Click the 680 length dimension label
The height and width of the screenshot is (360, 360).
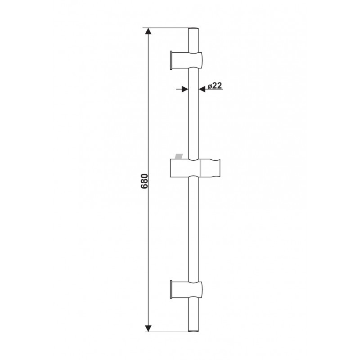coord(144,181)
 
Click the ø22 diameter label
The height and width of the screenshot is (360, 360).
coord(215,85)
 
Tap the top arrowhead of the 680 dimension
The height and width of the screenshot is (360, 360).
coord(148,31)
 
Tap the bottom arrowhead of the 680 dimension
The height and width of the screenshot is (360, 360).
coord(148,328)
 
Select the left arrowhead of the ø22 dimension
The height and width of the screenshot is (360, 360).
coord(185,89)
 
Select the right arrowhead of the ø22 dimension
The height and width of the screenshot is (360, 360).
coord(202,89)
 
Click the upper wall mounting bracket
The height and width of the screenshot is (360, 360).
coord(186,60)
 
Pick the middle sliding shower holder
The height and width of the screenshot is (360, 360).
coord(195,167)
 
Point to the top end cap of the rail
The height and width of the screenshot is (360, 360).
coord(193,29)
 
